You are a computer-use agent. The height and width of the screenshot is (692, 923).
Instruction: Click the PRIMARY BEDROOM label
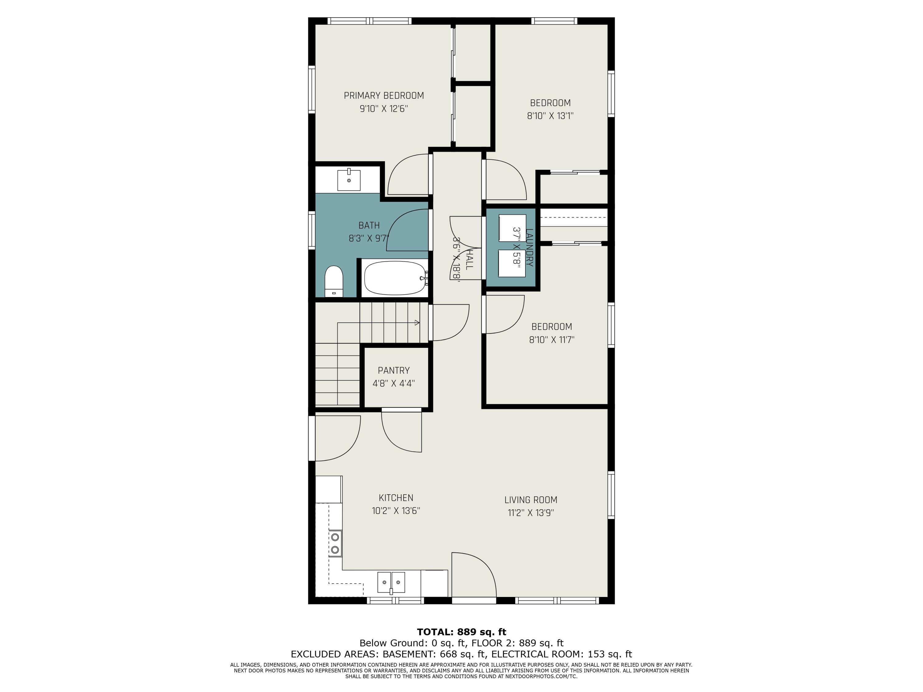pos(384,96)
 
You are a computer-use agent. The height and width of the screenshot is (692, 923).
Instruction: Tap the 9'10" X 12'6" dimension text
pos(384,109)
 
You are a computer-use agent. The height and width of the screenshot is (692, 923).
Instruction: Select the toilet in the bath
pos(334,281)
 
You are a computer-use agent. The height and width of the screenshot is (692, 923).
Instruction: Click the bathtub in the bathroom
pos(395,278)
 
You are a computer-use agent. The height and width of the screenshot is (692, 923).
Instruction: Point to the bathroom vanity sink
pos(349,180)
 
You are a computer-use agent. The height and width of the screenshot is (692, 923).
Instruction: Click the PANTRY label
pos(394,370)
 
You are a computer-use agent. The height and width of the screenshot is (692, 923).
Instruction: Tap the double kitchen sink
pos(391,582)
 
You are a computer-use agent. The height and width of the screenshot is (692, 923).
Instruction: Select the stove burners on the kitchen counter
pos(335,543)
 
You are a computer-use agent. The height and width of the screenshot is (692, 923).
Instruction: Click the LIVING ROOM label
pos(531,500)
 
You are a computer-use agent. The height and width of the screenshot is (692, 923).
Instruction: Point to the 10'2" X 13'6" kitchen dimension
pos(396,511)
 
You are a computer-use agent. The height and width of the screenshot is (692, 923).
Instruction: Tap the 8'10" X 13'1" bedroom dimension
pos(550,116)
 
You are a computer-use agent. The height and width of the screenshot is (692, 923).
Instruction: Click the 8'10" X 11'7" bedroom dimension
pos(552,340)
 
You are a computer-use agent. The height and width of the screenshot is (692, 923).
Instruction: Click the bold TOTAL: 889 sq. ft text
pos(461,632)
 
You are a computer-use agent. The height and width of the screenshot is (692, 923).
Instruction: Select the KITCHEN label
pos(396,498)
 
